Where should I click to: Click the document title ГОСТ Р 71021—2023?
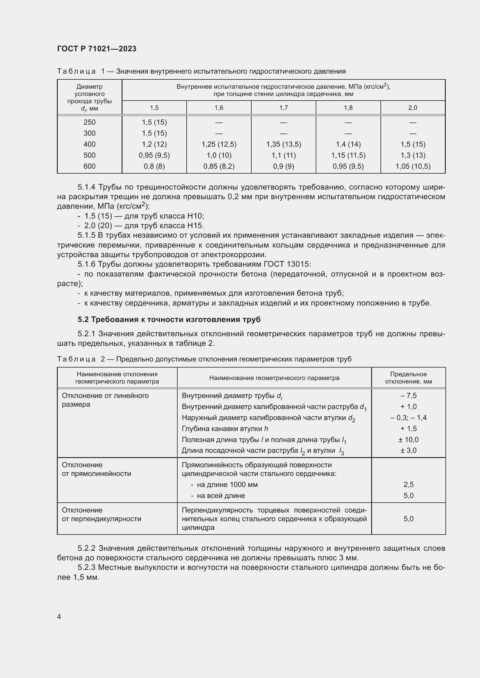tap(97, 49)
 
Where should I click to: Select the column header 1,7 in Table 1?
tap(284, 108)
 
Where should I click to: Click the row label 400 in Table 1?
tap(89, 144)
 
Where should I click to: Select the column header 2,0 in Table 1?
tap(413, 108)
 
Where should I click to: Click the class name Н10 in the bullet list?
tap(195, 216)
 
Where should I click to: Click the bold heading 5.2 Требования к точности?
tap(169, 319)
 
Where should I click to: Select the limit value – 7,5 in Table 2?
tap(408, 395)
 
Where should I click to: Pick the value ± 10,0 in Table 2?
tap(408, 440)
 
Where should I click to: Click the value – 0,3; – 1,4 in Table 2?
tap(408, 417)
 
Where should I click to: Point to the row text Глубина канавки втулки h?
tap(225, 428)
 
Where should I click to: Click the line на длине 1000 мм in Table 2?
tap(227, 485)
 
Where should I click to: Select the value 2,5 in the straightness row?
tap(408, 485)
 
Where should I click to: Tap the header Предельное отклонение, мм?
tap(408, 378)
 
